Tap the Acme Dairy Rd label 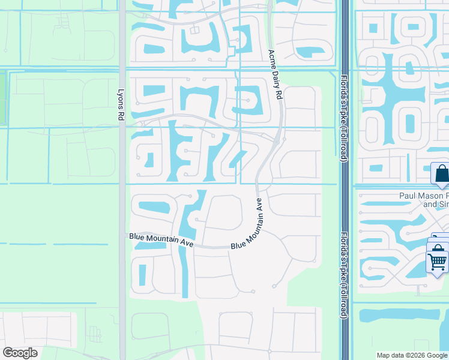coord(275,74)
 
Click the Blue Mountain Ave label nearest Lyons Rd coord(161,240)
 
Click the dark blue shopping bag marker coord(441,173)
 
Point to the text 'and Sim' coord(436,204)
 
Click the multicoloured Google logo coord(20,353)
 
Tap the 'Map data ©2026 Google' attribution coord(412,355)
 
